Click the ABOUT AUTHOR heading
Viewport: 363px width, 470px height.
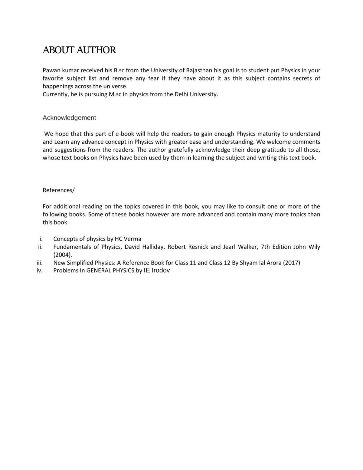pos(79,50)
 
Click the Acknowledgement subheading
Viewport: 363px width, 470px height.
pos(69,118)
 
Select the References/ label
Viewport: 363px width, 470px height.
pos(58,190)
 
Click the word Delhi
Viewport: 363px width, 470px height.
pos(181,94)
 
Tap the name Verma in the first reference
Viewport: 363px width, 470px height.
pos(132,239)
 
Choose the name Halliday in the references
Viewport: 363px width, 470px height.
pos(153,247)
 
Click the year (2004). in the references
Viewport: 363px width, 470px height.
pos(63,255)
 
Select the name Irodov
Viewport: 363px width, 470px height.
pos(161,270)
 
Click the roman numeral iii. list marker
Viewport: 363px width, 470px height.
pos(39,263)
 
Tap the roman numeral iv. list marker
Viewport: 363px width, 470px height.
pos(39,271)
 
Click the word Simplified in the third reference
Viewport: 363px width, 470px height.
pos(80,263)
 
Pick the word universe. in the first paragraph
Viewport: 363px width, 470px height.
pos(116,86)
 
